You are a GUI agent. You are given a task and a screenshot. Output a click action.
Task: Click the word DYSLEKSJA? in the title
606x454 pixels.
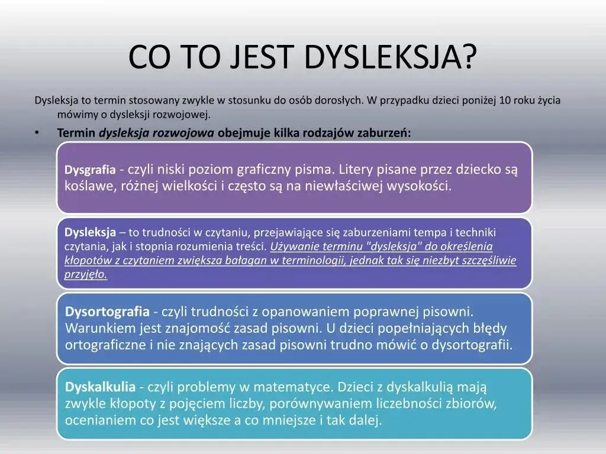(x=391, y=57)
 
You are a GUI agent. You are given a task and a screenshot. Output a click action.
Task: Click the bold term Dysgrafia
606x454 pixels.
(x=90, y=170)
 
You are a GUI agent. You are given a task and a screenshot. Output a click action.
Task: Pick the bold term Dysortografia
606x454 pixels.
(x=107, y=311)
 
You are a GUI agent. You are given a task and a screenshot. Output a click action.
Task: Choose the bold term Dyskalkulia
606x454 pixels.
(x=100, y=387)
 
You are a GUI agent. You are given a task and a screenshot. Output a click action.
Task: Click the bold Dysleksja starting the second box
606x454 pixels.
(x=90, y=232)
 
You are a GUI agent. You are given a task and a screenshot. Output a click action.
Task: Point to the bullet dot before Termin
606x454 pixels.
(x=37, y=132)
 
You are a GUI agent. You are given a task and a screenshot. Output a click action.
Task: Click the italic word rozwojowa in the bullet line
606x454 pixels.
(x=183, y=132)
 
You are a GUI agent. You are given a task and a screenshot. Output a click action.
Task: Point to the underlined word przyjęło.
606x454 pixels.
(x=86, y=275)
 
